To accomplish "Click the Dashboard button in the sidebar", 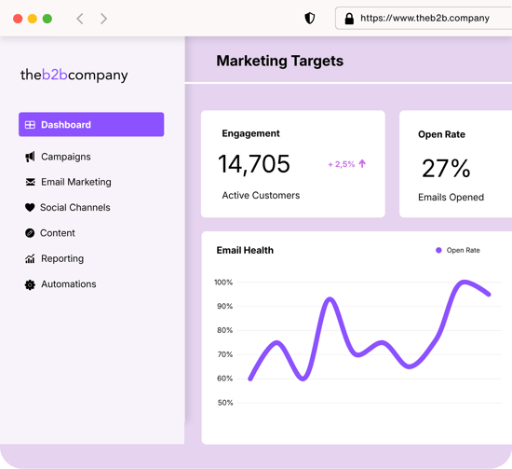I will coord(90,125).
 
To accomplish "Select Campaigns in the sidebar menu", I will coord(65,157).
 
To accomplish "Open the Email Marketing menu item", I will coord(75,182).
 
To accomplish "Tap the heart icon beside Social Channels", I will coord(30,208).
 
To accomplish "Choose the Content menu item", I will coord(58,233).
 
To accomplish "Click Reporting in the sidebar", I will coord(61,258).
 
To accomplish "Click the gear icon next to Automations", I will coord(30,284).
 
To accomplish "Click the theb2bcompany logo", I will coord(74,76).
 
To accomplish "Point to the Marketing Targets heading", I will coord(279,62).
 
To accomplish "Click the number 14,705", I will coord(254,164).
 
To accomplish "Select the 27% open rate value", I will coord(446,168).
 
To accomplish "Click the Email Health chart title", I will coord(245,250).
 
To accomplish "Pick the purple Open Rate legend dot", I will coord(438,250).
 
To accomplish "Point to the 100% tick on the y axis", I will coord(223,283).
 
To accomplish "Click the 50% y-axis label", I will coord(224,403).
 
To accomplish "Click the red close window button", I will coord(18,19).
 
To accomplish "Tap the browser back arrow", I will coord(80,19).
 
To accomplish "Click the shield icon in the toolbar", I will coord(310,19).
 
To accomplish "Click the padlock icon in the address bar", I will coord(349,19).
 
